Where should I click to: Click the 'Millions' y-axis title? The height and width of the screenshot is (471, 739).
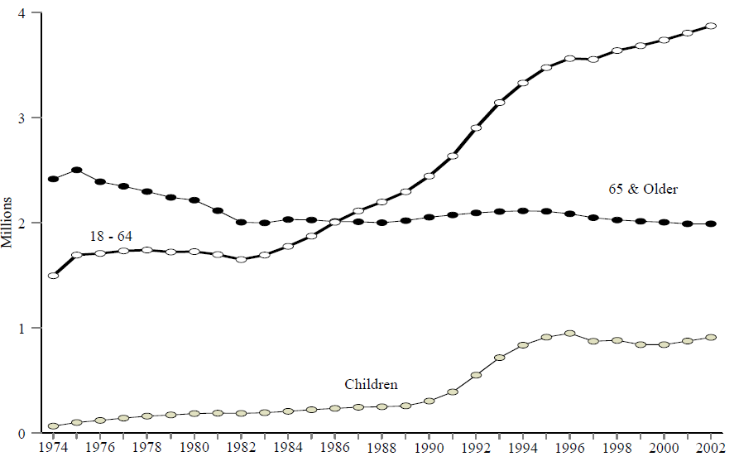tap(7, 223)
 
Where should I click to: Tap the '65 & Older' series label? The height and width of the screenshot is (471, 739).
tap(643, 190)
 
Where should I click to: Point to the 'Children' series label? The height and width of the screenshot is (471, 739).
tap(371, 384)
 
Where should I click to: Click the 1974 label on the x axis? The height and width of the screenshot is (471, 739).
tap(53, 449)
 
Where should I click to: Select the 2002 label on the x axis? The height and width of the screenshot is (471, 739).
tap(710, 449)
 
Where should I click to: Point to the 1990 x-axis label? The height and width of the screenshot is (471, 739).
tap(429, 449)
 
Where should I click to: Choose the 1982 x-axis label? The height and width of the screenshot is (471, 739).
tap(241, 449)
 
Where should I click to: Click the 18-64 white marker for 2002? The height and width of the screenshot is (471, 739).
tap(710, 26)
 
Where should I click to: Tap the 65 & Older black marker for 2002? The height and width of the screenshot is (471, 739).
tap(710, 223)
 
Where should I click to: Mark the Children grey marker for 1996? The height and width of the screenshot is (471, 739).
tap(569, 334)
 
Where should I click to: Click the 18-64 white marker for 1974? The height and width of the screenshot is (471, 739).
tap(53, 276)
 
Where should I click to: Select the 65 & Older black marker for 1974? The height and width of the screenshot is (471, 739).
tap(53, 179)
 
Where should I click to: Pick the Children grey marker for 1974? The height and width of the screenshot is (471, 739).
tap(53, 426)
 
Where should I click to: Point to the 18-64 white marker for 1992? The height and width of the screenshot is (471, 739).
tap(476, 128)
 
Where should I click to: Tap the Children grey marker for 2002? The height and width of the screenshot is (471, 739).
tap(710, 338)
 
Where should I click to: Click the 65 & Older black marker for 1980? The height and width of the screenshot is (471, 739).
tap(194, 200)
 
